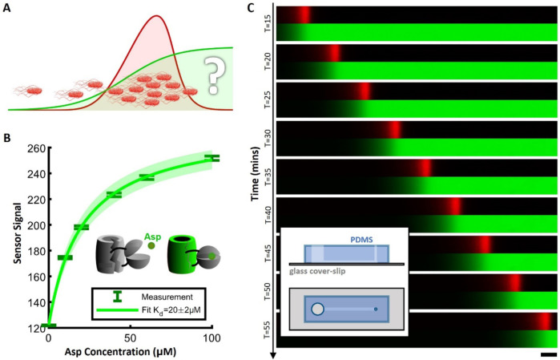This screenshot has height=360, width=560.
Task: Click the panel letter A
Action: (8, 7)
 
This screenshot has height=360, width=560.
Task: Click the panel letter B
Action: (8, 138)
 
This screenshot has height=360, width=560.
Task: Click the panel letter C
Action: (252, 7)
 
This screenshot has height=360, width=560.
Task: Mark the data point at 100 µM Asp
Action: (212, 158)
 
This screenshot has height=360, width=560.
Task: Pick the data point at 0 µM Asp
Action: (48, 326)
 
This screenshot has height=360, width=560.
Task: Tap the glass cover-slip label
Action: (326, 271)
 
